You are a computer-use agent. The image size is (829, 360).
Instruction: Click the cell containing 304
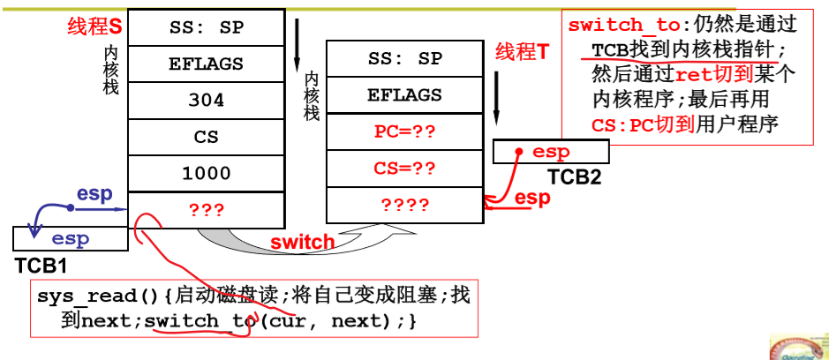pyautogui.click(x=206, y=101)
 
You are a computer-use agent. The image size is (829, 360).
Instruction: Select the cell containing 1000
pyautogui.click(x=206, y=174)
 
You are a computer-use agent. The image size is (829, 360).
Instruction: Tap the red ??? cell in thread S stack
pyautogui.click(x=206, y=210)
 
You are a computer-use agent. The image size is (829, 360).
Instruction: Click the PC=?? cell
pyautogui.click(x=405, y=132)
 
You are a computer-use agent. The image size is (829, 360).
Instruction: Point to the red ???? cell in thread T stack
pyautogui.click(x=405, y=206)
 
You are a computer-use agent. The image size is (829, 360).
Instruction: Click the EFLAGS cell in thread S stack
pyautogui.click(x=206, y=64)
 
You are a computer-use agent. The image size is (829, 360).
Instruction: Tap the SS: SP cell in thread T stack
pyautogui.click(x=405, y=59)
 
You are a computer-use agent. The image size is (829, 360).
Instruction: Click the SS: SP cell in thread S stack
pyautogui.click(x=206, y=27)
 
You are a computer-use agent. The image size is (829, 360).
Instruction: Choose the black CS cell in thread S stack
pyautogui.click(x=206, y=138)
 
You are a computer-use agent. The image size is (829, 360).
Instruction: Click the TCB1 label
pyautogui.click(x=41, y=265)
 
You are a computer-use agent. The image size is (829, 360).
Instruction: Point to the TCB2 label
pyautogui.click(x=574, y=176)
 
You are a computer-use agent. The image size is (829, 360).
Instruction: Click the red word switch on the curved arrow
pyautogui.click(x=302, y=242)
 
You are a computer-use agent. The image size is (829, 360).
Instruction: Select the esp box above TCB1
pyautogui.click(x=70, y=238)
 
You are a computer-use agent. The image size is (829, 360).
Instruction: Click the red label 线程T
pyautogui.click(x=522, y=52)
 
